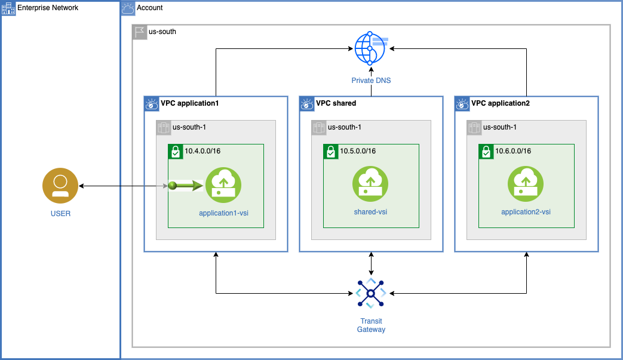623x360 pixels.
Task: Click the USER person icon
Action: (x=60, y=186)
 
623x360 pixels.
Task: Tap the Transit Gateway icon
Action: (x=371, y=293)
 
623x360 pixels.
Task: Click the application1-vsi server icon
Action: (x=223, y=184)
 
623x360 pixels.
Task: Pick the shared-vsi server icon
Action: (x=370, y=184)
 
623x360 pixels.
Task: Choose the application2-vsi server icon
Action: (x=526, y=184)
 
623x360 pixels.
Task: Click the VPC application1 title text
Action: (x=190, y=103)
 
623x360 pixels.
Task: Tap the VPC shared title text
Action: (x=336, y=103)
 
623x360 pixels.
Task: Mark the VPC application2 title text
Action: (x=501, y=103)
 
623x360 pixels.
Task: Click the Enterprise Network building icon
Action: (x=8, y=8)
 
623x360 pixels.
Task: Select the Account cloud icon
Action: (x=128, y=8)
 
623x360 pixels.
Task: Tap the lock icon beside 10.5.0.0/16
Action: (x=330, y=152)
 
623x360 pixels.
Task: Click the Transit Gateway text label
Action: (x=371, y=325)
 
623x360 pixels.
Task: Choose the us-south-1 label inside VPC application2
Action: (x=499, y=127)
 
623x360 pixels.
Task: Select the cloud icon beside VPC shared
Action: (x=307, y=104)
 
